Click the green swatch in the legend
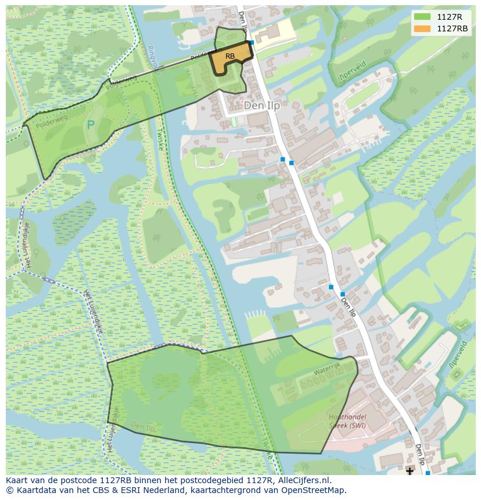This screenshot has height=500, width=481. [x=422, y=17]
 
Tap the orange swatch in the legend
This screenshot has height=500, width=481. [x=422, y=28]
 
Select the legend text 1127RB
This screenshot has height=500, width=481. [x=453, y=28]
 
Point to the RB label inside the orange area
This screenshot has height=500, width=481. [x=230, y=56]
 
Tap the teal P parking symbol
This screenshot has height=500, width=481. [x=91, y=124]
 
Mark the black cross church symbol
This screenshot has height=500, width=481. [x=410, y=470]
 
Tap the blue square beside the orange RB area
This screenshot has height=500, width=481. [x=252, y=42]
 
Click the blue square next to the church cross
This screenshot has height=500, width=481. [x=428, y=473]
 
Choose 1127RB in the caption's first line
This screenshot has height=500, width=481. [x=114, y=480]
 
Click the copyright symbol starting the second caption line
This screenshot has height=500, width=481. [x=9, y=490]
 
